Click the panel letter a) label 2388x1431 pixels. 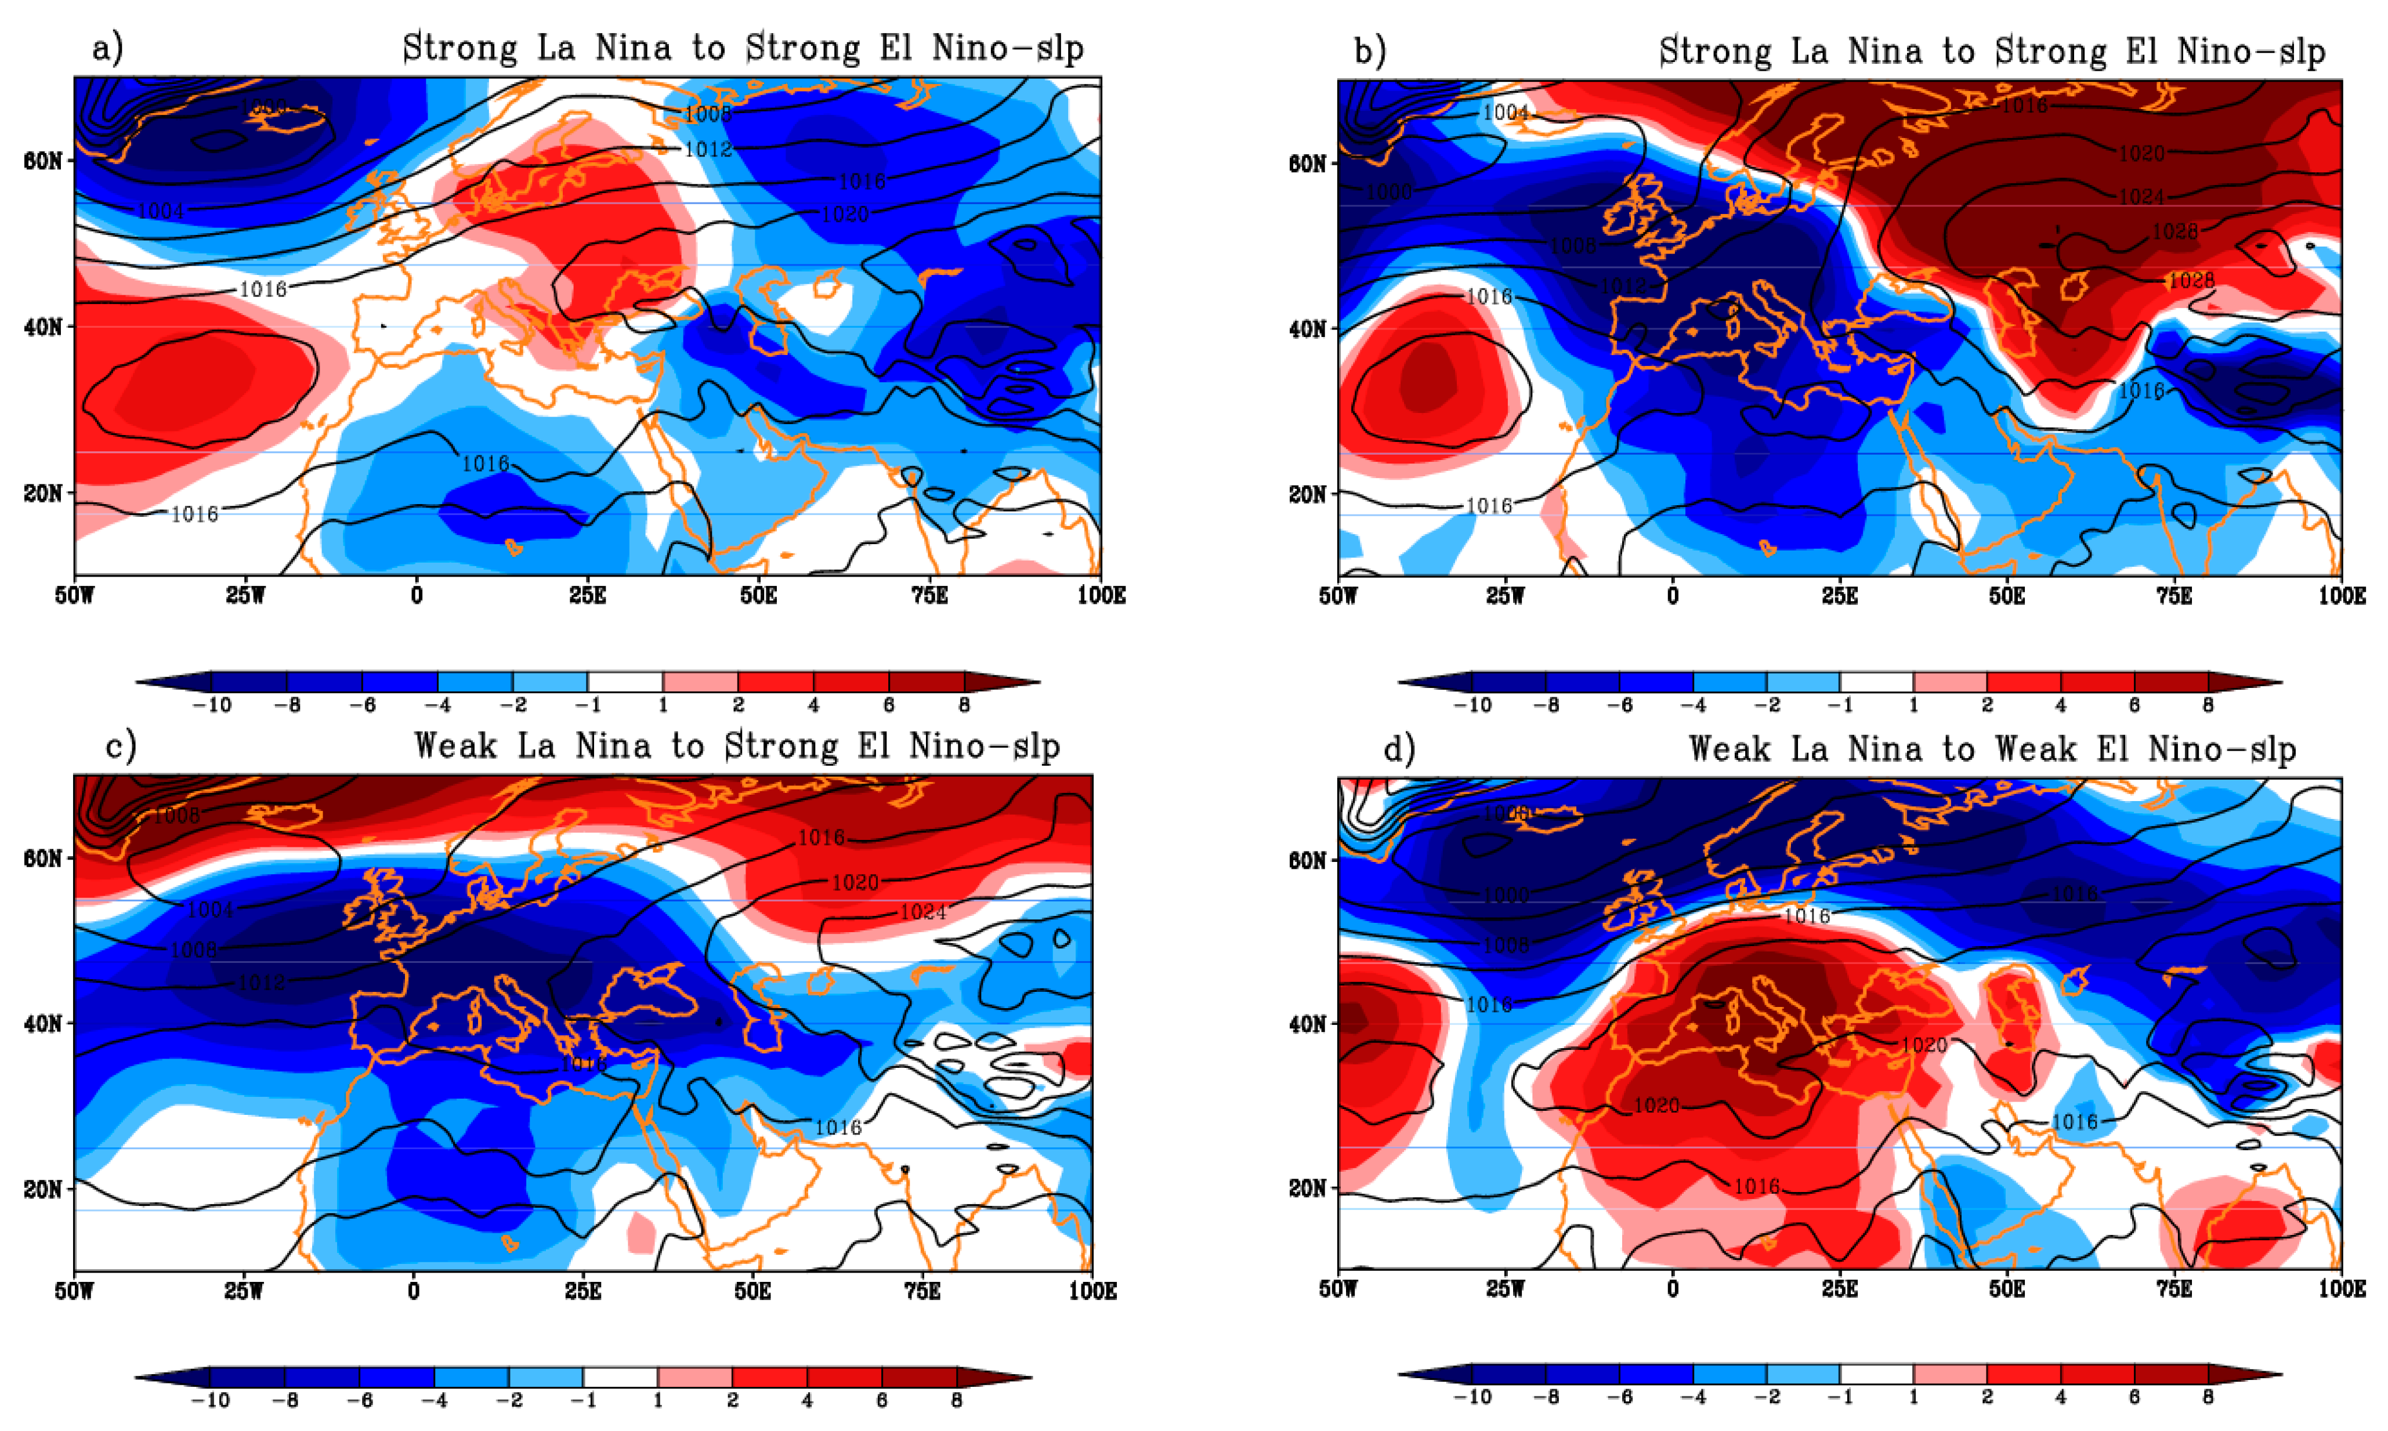click(107, 48)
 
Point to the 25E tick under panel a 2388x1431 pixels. click(587, 595)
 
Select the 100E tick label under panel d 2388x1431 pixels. click(2341, 1289)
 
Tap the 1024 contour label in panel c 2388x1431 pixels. click(923, 912)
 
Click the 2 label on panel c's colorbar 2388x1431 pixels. click(732, 1399)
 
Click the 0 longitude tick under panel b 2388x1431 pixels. click(1673, 595)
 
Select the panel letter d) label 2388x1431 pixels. click(1399, 748)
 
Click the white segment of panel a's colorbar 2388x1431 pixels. click(625, 682)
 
